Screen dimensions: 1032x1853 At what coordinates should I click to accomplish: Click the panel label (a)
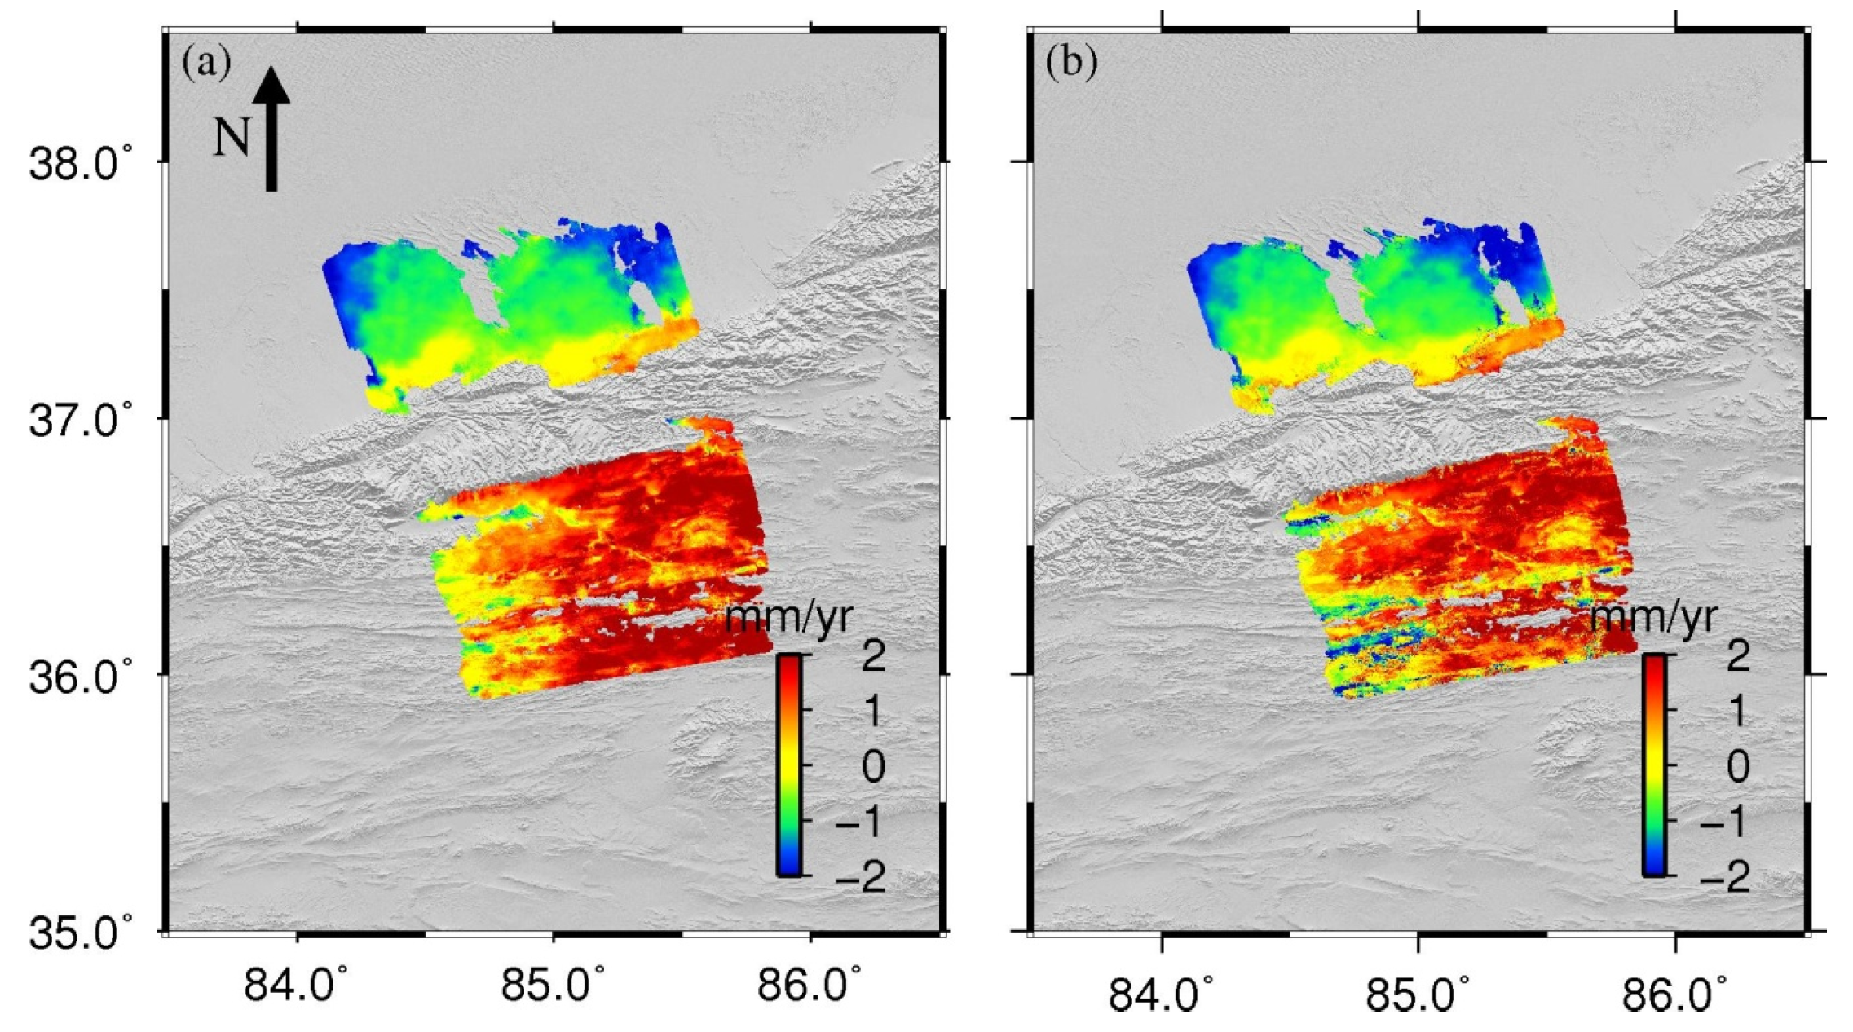point(206,63)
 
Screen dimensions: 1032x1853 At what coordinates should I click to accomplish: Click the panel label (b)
point(1071,63)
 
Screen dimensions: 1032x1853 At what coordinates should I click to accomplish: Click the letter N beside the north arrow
point(231,136)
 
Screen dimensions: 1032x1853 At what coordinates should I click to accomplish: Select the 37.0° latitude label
point(80,421)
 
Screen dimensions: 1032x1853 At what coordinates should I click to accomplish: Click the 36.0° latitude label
point(80,677)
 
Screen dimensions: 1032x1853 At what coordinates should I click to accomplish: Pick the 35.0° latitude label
point(80,933)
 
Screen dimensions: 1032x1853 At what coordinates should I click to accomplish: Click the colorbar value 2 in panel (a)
point(873,656)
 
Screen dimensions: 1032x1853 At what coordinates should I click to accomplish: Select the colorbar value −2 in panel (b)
point(1725,876)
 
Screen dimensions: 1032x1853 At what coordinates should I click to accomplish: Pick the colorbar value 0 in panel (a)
point(873,767)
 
